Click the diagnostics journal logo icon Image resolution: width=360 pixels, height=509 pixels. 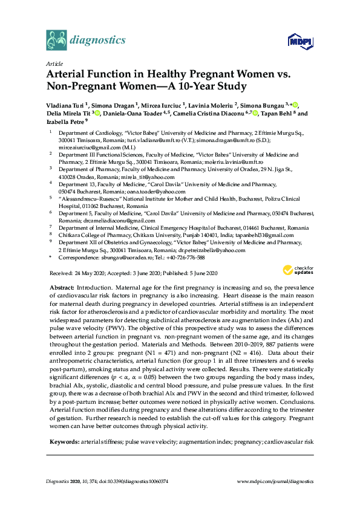pyautogui.click(x=57, y=40)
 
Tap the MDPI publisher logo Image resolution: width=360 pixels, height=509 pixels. pyautogui.click(x=300, y=42)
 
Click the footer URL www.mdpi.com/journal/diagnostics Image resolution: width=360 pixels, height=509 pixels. pyautogui.click(x=275, y=481)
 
